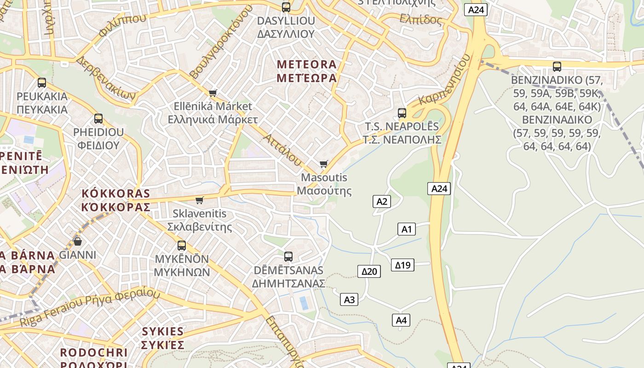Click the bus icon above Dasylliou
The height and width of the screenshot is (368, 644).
[286, 7]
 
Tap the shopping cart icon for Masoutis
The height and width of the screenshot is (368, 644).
[324, 164]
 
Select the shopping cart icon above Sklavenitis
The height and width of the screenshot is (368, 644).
[200, 200]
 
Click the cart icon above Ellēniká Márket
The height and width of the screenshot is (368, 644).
[213, 93]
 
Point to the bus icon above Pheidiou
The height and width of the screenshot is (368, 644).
[98, 119]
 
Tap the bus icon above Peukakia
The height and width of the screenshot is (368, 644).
[42, 83]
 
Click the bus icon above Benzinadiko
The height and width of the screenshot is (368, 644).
[557, 67]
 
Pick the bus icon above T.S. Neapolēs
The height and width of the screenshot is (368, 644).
[402, 113]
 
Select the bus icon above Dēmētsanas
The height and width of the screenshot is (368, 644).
[288, 257]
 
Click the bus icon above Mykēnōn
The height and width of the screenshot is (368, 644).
[182, 246]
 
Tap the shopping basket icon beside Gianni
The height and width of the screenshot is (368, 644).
[78, 241]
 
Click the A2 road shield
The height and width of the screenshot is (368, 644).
[381, 201]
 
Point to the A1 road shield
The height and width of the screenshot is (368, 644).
[406, 229]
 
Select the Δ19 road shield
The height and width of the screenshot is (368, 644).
[402, 265]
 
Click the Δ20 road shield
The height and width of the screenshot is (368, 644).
[369, 271]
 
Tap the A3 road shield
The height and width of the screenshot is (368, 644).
[349, 300]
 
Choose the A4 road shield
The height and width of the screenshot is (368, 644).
[401, 320]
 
